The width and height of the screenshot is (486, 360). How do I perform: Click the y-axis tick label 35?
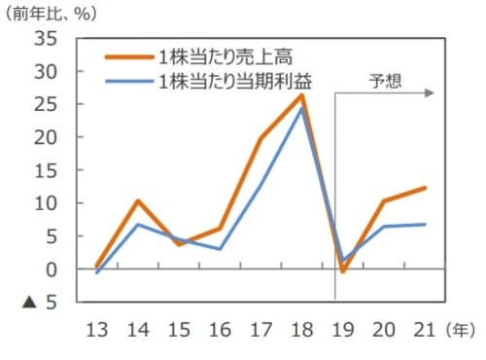click(46, 40)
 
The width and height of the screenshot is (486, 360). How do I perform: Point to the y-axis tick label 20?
click(46, 138)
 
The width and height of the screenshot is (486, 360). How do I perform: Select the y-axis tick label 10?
click(46, 203)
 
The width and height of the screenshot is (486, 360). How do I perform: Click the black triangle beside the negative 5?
click(28, 303)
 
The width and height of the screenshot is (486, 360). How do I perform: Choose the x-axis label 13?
click(97, 330)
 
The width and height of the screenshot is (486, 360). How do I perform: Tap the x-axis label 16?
click(221, 330)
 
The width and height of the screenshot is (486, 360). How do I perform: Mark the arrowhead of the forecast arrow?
click(429, 94)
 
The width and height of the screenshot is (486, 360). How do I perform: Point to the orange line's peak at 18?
click(302, 95)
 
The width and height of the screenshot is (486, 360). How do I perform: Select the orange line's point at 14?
click(139, 201)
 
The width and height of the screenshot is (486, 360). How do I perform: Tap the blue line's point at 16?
click(221, 249)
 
